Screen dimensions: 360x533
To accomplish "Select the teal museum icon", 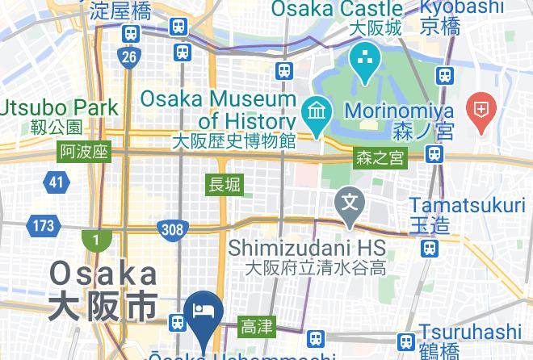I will point(314,110).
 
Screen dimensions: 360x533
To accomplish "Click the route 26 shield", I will point(129,57).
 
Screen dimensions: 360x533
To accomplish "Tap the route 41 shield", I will point(55,182).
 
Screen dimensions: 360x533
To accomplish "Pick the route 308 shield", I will point(172,229).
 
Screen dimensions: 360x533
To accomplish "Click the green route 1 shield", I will point(96,241).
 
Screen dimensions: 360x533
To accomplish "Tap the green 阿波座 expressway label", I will point(84,153).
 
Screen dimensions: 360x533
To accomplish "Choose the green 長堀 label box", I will point(225,184).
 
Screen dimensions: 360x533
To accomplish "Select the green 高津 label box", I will point(257,327).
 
